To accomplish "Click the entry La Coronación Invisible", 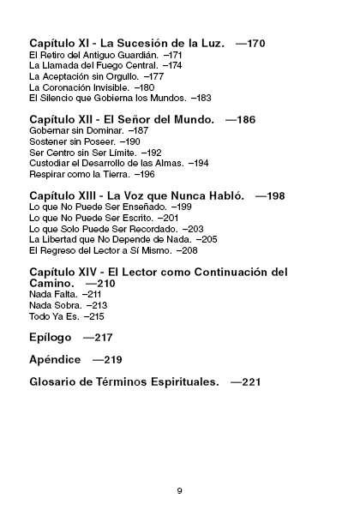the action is tap(80, 87).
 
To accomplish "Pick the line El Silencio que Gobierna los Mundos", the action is tap(107, 99).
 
